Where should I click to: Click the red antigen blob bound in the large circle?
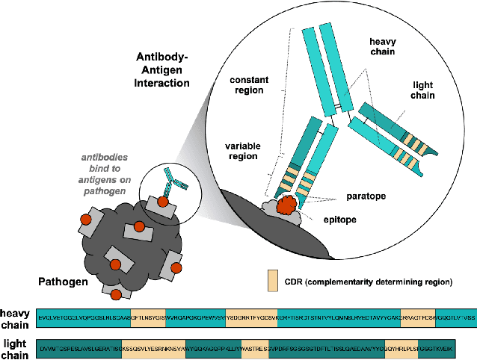point(286,204)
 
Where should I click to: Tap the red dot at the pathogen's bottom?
point(116,295)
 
